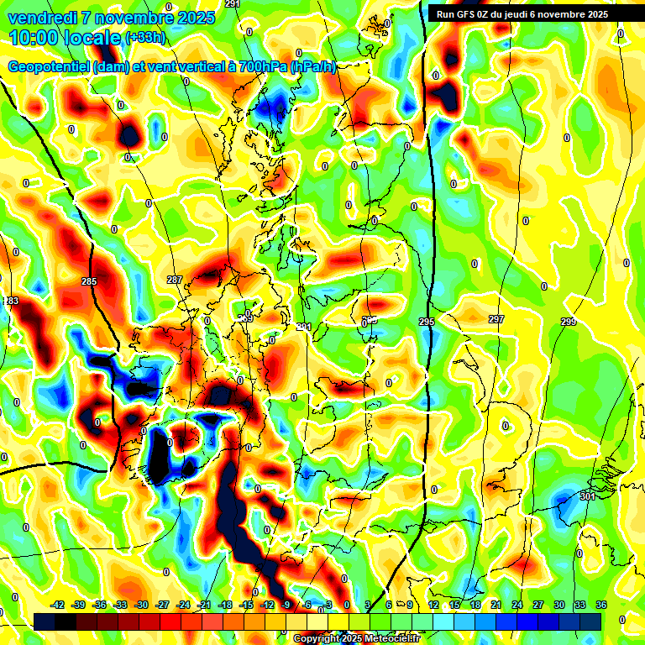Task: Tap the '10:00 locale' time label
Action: (x=65, y=38)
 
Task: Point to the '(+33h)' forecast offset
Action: (x=145, y=38)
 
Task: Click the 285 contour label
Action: (x=89, y=281)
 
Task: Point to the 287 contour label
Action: (x=175, y=280)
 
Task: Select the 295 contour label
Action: (x=427, y=322)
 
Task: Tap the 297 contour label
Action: (x=496, y=319)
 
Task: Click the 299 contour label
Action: (x=569, y=322)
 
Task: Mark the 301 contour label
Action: (x=587, y=496)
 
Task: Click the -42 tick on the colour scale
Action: (x=58, y=605)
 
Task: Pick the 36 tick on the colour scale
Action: (x=600, y=605)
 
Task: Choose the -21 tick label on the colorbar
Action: (x=204, y=605)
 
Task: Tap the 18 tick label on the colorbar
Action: (x=475, y=605)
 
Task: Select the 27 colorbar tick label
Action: (x=537, y=605)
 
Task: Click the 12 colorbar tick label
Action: (x=433, y=605)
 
